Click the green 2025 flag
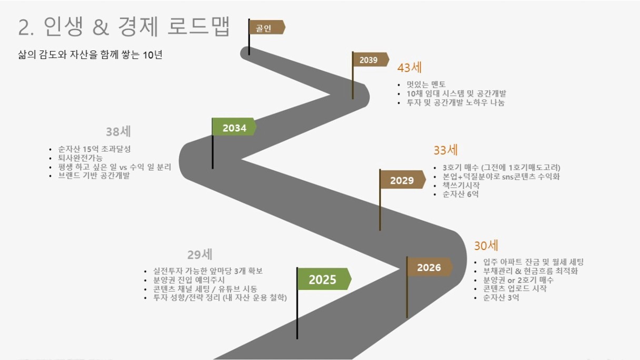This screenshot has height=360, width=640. click(324, 279)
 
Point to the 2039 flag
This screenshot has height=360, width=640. click(371, 59)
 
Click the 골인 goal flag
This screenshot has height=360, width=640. click(267, 27)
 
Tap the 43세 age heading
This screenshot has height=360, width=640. click(409, 68)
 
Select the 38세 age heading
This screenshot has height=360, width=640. click(118, 132)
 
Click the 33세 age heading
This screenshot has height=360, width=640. click(446, 150)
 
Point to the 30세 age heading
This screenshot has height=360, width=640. click(486, 245)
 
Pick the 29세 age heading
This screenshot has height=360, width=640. click(199, 255)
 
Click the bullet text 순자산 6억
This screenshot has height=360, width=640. click(461, 194)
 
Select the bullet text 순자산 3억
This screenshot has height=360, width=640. click(501, 298)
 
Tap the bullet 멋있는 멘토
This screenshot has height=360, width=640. click(426, 84)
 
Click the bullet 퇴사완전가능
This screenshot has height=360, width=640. click(81, 158)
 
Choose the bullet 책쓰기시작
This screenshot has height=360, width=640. click(461, 185)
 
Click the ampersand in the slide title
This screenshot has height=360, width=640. click(101, 27)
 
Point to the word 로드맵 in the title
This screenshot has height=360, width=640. click(199, 26)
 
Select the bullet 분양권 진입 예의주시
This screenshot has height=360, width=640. click(189, 280)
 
